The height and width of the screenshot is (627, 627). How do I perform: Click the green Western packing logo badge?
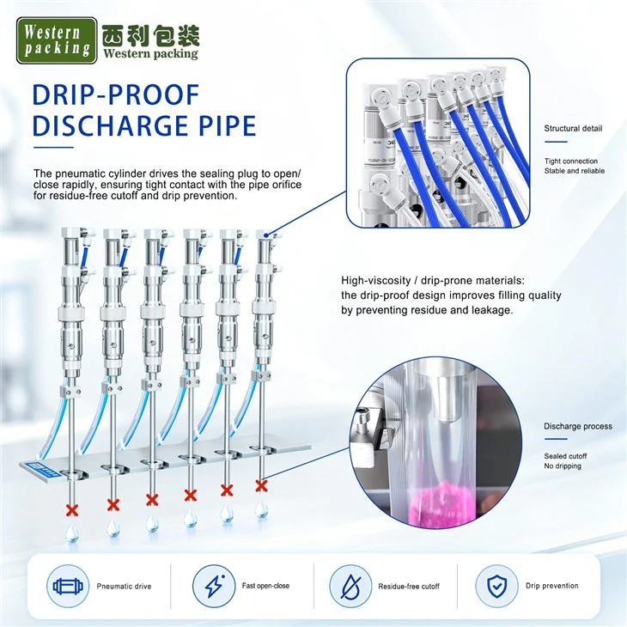[57, 40]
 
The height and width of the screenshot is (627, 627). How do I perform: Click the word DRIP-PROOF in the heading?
[116, 95]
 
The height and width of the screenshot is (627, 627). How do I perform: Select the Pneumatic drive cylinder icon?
[68, 587]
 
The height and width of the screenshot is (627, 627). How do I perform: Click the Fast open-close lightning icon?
[214, 586]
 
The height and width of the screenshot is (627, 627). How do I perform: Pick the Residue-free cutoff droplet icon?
[350, 587]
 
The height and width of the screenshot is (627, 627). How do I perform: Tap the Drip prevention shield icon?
[496, 586]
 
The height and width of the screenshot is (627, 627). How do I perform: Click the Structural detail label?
[573, 128]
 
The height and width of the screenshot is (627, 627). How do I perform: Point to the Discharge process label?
[578, 426]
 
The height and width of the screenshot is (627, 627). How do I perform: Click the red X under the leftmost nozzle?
[72, 510]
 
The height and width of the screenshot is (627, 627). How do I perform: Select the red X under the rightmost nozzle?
[261, 486]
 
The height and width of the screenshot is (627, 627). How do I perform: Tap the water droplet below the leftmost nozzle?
[72, 533]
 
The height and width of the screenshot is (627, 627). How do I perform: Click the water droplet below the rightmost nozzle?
[261, 508]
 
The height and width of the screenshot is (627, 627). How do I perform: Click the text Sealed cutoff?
[565, 456]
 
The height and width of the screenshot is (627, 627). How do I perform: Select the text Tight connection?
[570, 161]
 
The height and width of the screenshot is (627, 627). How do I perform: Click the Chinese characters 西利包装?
[150, 36]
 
